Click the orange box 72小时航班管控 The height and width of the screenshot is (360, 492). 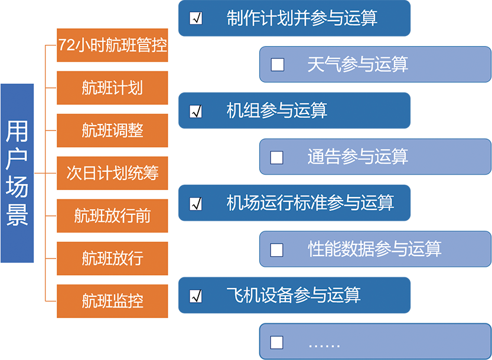tap(112, 45)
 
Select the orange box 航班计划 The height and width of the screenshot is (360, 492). tap(112, 88)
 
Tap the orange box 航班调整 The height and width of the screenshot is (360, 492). tap(112, 130)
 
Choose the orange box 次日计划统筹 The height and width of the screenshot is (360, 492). tap(112, 174)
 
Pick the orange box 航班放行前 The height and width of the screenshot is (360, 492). tap(112, 216)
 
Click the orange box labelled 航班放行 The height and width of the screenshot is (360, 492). tap(112, 258)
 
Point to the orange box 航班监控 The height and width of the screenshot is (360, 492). tap(112, 301)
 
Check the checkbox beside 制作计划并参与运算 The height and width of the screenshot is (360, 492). tap(196, 18)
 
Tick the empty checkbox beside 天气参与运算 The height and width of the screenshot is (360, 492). tap(277, 64)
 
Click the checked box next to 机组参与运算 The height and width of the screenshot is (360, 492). tap(196, 111)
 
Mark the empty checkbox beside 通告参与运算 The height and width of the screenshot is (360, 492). tap(277, 157)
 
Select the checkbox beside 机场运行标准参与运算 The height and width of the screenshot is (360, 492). tap(196, 204)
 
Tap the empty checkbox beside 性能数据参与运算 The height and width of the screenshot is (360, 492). tap(277, 250)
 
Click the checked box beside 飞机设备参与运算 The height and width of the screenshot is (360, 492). tap(196, 296)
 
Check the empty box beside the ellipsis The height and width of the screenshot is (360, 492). tap(277, 342)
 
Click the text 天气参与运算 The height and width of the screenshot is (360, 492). tap(357, 64)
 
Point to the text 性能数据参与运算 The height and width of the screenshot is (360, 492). tap(374, 249)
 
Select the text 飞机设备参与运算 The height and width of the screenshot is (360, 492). tap(294, 295)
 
